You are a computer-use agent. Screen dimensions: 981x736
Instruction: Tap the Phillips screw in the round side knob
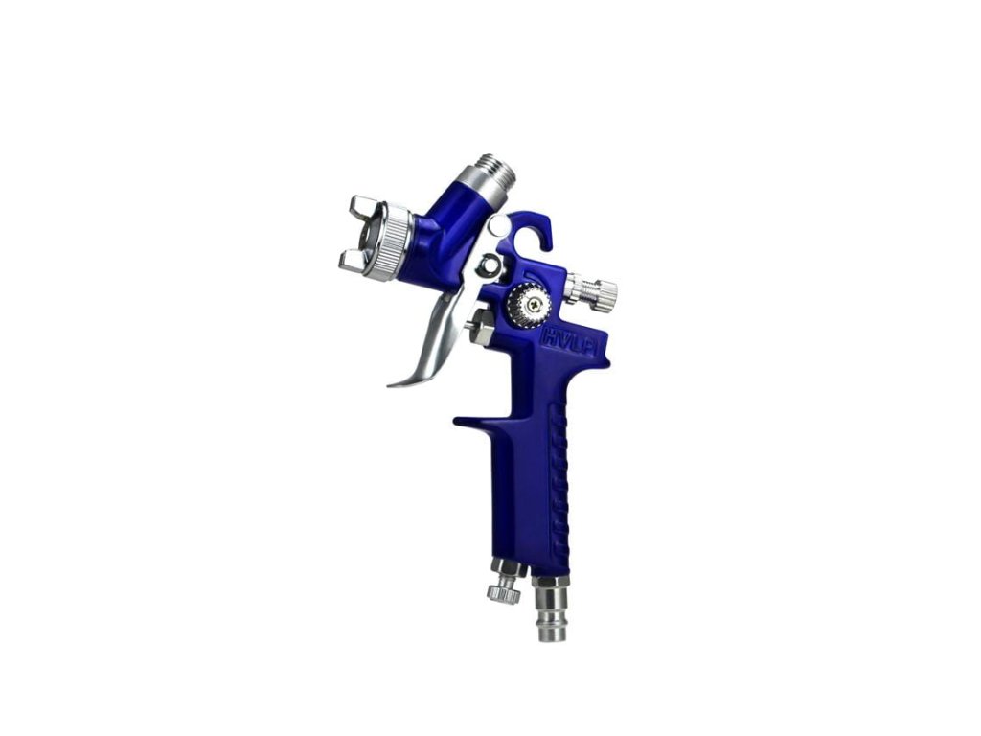point(534,304)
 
